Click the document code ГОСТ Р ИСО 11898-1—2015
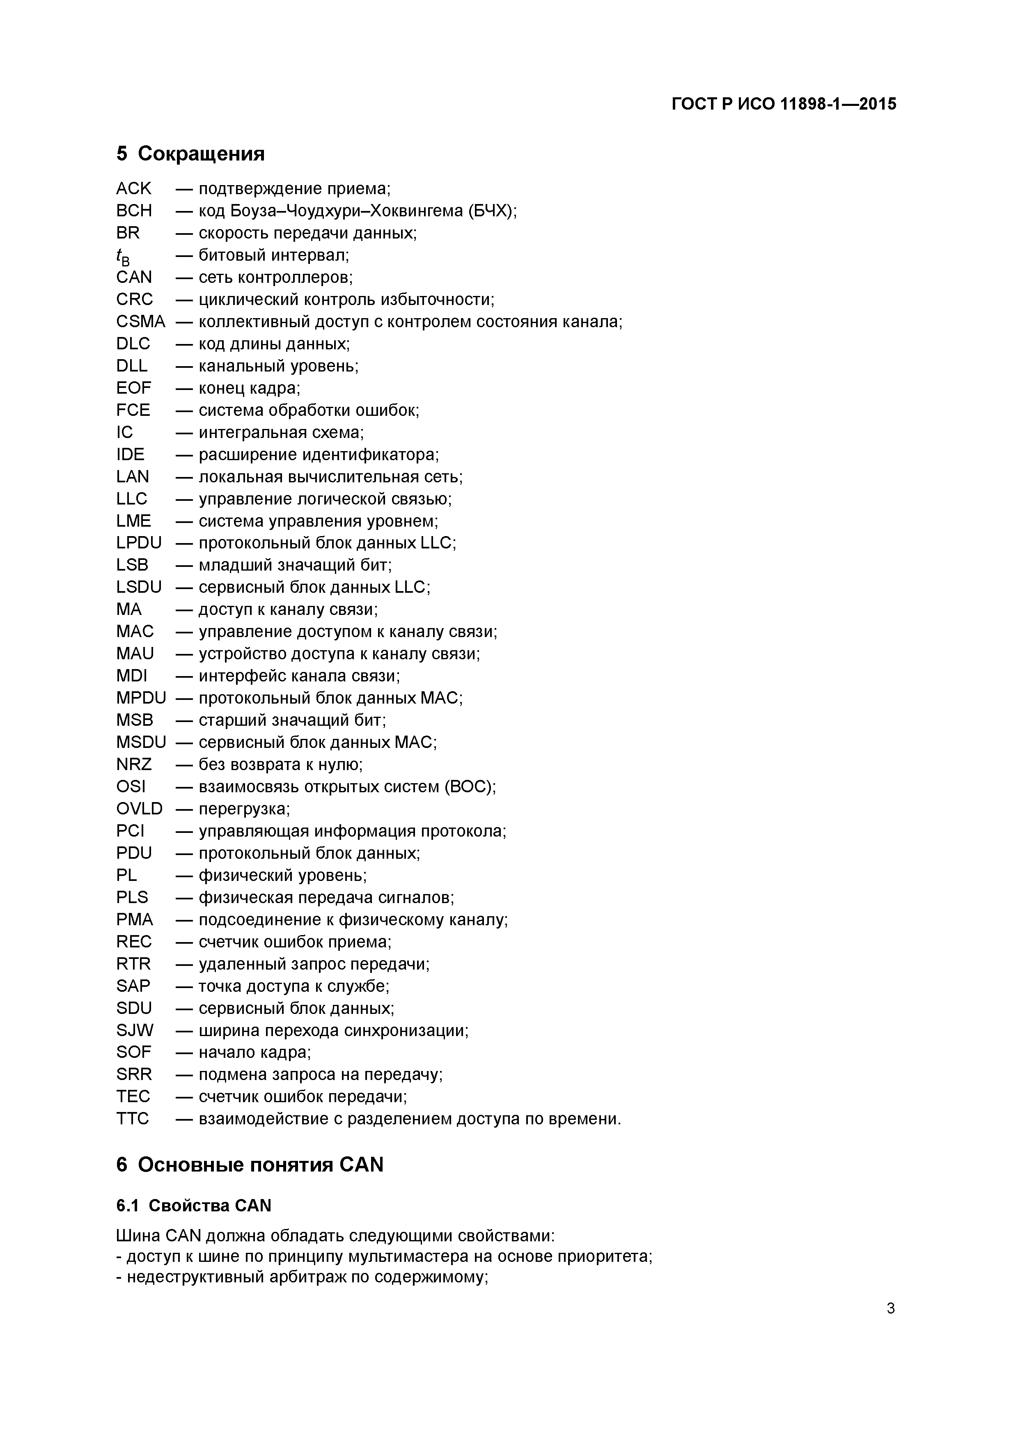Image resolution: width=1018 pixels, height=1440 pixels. point(784,103)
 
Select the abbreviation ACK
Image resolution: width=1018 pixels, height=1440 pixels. point(133,188)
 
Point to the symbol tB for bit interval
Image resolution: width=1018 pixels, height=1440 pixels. point(123,256)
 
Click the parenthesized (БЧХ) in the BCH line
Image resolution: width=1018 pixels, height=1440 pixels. point(493,210)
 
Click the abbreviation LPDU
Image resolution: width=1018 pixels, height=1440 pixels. point(139,543)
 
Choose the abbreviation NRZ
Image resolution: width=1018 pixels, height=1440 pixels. point(133,764)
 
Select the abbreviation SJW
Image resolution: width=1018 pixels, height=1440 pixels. point(134,1030)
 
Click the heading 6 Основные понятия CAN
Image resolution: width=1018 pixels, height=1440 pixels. point(250,1165)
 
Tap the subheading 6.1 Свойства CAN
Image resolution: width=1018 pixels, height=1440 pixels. point(194,1206)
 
